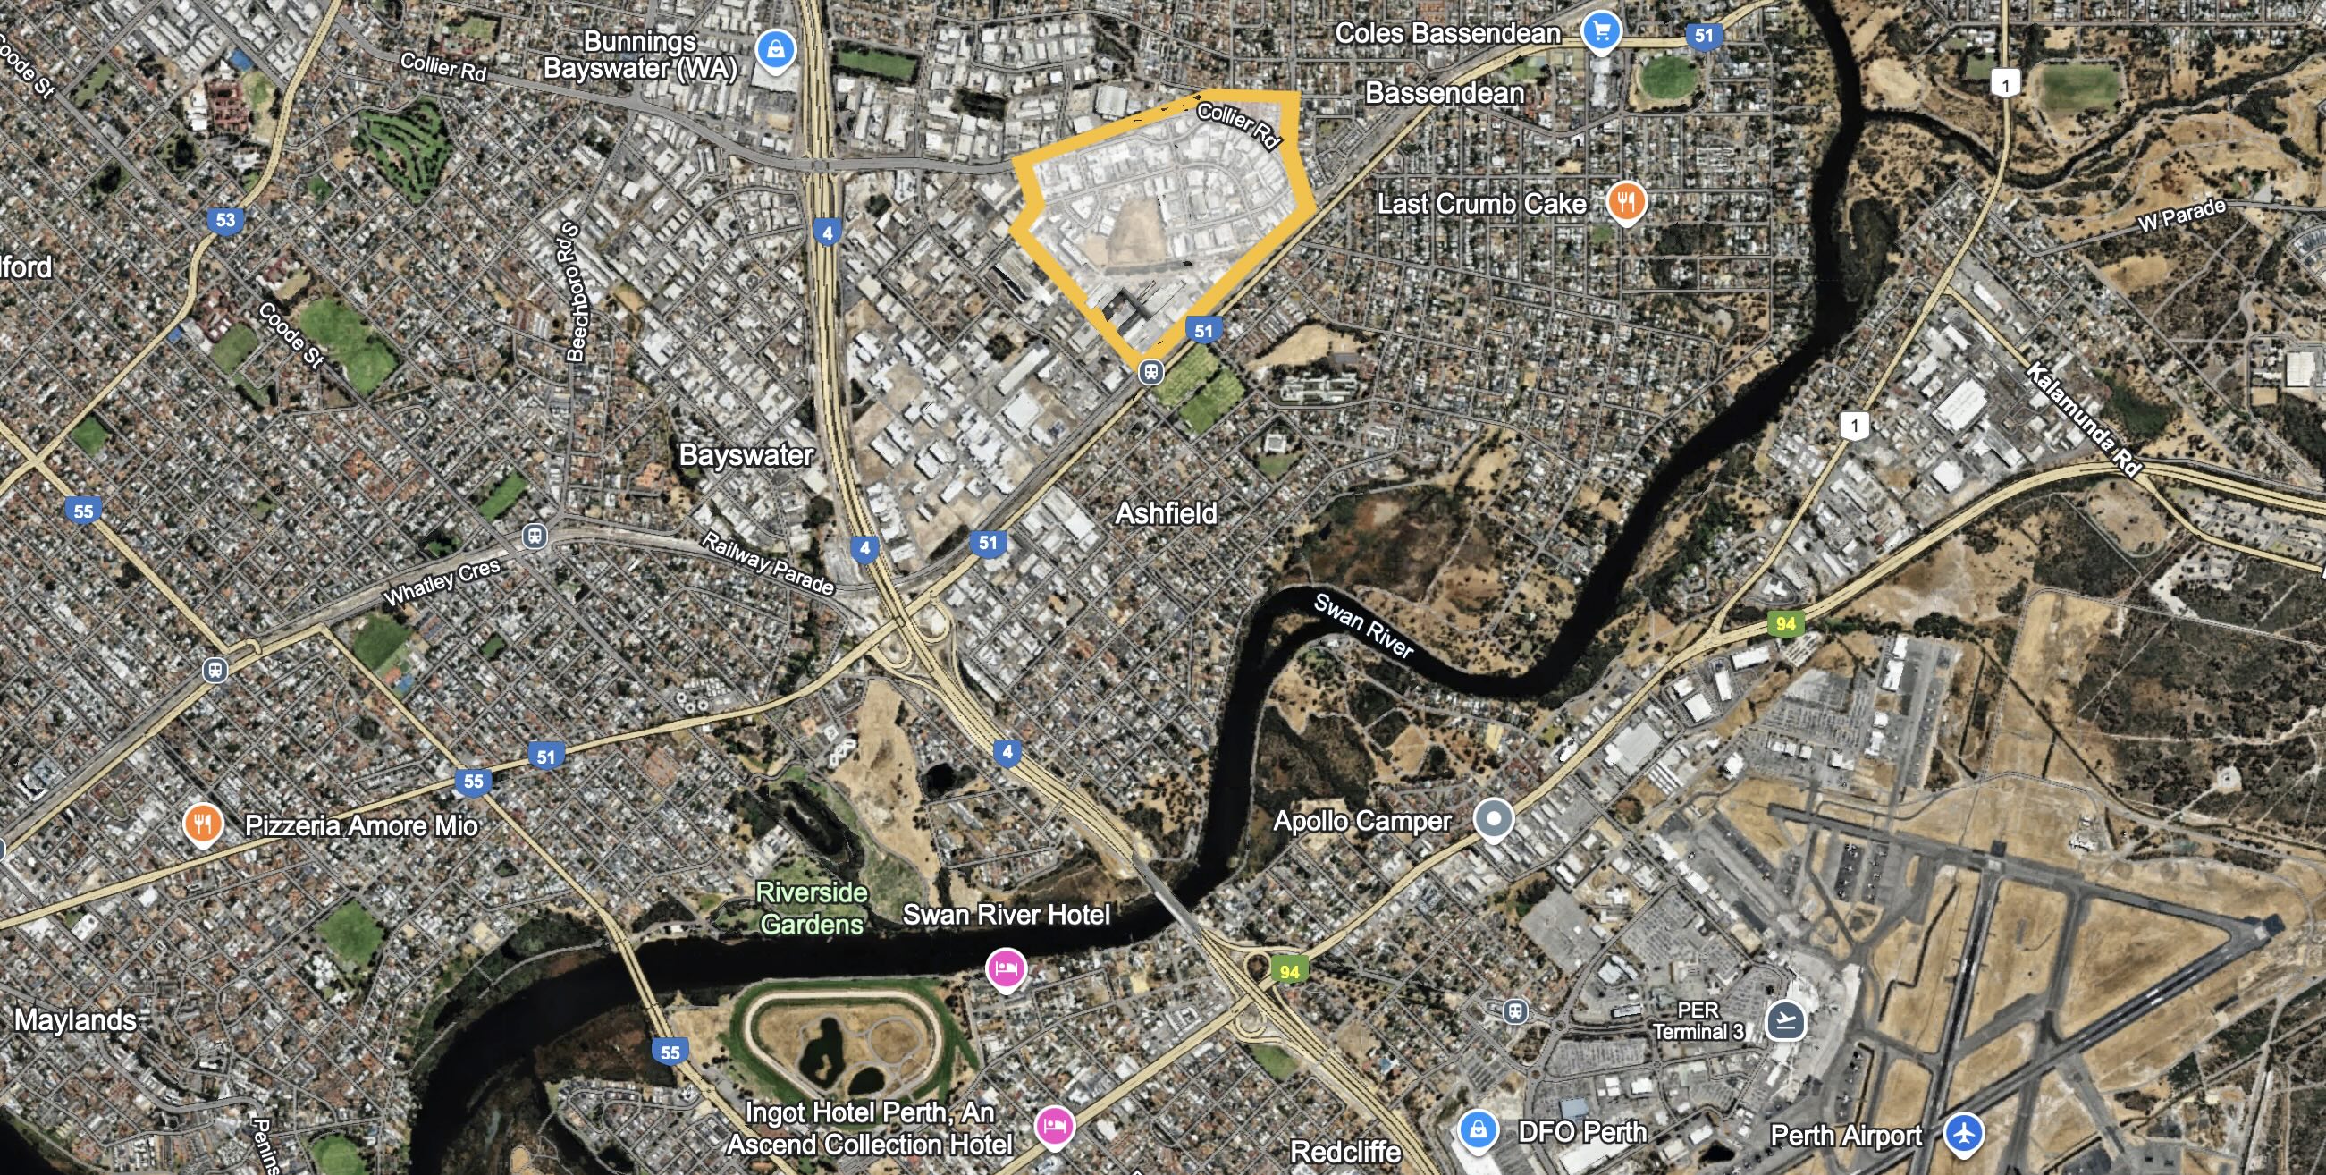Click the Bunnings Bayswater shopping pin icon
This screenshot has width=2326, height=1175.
(x=775, y=49)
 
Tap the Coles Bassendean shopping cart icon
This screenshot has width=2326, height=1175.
(x=1601, y=31)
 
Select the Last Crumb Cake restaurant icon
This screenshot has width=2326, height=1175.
(x=1625, y=201)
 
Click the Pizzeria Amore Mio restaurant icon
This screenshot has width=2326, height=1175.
(x=203, y=824)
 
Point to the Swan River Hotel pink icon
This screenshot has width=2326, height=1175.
(x=1005, y=969)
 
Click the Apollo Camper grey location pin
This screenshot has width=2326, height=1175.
(x=1494, y=818)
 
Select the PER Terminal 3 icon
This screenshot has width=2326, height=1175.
(x=1785, y=1020)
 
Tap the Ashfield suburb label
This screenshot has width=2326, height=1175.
(x=1166, y=513)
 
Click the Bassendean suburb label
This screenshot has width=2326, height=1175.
(x=1444, y=93)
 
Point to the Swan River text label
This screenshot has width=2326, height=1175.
(x=1362, y=626)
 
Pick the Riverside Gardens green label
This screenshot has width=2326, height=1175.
(x=811, y=908)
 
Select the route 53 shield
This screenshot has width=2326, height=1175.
(x=225, y=219)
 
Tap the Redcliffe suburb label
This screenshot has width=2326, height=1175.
(x=1345, y=1152)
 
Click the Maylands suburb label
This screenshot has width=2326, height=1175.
(x=76, y=1019)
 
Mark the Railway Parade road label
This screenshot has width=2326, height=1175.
(x=769, y=563)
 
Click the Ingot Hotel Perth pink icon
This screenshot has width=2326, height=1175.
(x=1054, y=1126)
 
